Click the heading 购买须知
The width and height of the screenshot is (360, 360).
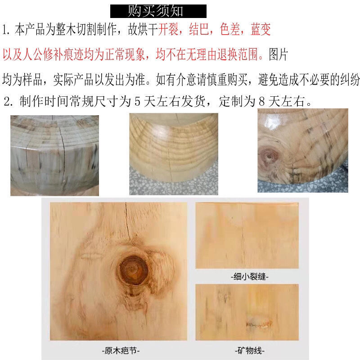pyautogui.click(x=158, y=10)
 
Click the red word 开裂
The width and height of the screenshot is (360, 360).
pyautogui.click(x=169, y=31)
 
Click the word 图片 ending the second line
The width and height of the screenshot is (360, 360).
pyautogui.click(x=278, y=55)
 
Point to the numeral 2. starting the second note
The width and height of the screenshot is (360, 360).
pyautogui.click(x=9, y=101)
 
